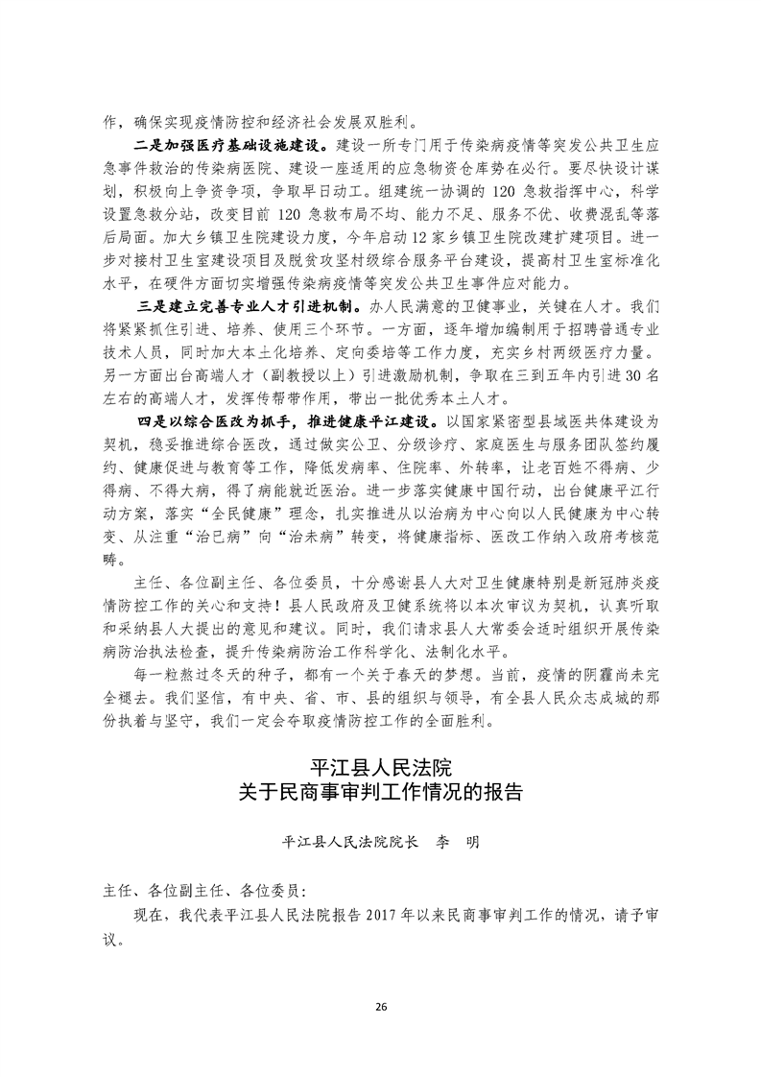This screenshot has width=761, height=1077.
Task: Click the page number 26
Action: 381,1005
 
